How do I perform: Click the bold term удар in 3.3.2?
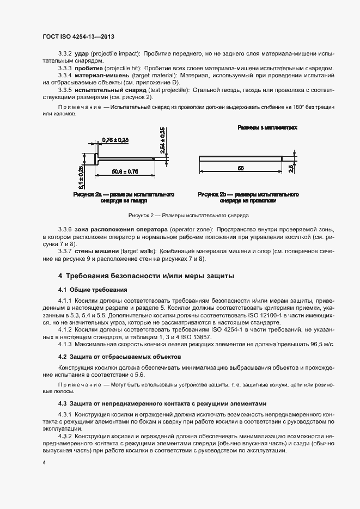coord(82,54)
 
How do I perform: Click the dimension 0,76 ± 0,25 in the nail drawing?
coord(115,140)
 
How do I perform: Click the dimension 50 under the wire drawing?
coord(240,169)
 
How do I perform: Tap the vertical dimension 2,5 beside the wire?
coord(291,169)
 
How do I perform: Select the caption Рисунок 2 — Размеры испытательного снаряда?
coord(180,216)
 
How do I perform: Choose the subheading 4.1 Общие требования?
coord(93,289)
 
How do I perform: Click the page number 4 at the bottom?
coord(44,462)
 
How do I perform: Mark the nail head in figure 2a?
coord(96,159)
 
